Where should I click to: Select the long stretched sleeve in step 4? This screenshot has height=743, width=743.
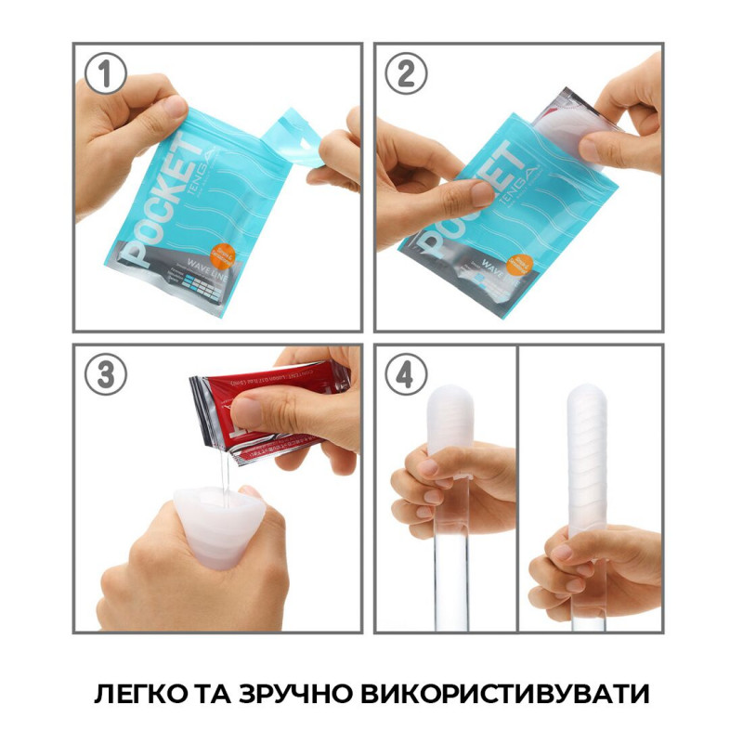pos(589,464)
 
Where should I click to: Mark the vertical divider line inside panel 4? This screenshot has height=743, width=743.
pos(517,483)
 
